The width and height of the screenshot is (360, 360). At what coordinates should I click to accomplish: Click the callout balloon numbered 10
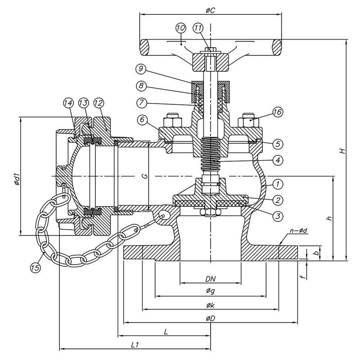(181, 28)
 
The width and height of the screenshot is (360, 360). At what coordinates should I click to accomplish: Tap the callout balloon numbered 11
(198, 28)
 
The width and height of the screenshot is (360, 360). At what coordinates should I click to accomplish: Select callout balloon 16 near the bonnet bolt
(278, 112)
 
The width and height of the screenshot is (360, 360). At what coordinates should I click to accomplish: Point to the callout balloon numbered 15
(36, 267)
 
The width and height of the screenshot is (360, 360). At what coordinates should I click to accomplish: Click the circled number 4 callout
(278, 160)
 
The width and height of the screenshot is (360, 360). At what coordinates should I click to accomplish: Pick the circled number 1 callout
(278, 184)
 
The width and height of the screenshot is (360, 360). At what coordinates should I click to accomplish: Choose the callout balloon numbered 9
(141, 69)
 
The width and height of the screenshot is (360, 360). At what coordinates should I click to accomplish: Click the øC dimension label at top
(210, 10)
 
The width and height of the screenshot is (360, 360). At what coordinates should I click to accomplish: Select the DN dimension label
(210, 279)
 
